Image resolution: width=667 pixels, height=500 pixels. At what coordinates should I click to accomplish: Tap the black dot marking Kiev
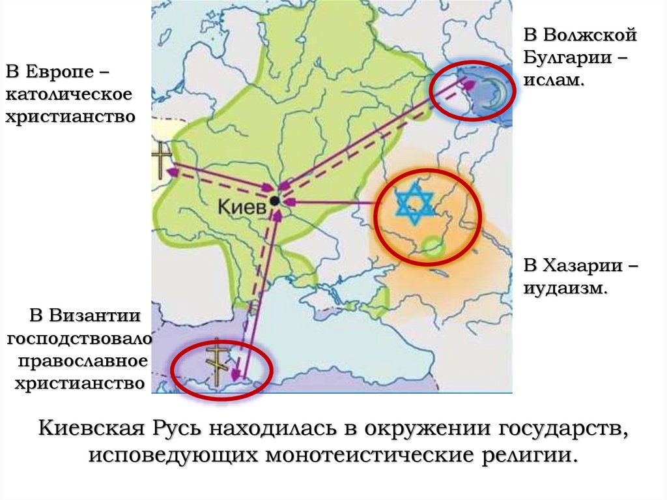coord(275,200)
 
